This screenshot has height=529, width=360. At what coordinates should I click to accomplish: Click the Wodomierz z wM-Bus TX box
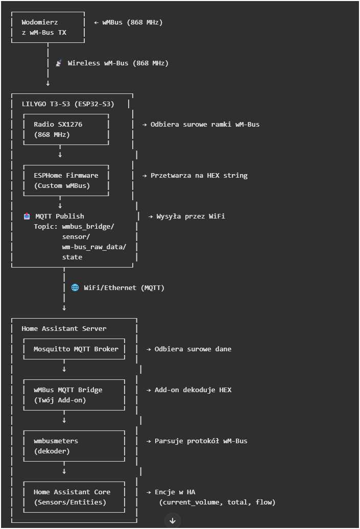coord(47,28)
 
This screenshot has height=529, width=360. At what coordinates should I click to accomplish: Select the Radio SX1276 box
coord(66,130)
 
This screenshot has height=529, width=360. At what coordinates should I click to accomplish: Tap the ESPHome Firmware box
coord(66,181)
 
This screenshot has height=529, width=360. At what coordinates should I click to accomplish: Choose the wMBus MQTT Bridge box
coord(74,395)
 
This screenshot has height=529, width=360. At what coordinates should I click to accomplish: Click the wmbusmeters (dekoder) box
coord(74,446)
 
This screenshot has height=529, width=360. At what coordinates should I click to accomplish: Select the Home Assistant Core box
coord(74,497)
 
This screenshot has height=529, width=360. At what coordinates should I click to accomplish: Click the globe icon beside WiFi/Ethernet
coord(75,288)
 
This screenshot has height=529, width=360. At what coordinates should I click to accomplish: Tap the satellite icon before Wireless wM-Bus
coord(59,63)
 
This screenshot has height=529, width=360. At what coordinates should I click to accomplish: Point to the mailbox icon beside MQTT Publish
coord(27,217)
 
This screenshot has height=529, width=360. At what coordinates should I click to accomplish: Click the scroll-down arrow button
coord(173,520)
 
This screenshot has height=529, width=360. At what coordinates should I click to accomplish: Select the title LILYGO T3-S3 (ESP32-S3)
coord(68,104)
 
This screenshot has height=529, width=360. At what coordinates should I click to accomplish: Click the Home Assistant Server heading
coord(64,329)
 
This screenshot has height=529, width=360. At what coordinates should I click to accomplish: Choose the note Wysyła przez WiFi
coord(187,217)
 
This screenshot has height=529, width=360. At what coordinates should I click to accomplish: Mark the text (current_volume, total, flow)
coord(217,502)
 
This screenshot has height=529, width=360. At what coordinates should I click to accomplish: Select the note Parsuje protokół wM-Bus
coord(201,441)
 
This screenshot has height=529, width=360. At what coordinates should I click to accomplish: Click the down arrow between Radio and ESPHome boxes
coord(60,155)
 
